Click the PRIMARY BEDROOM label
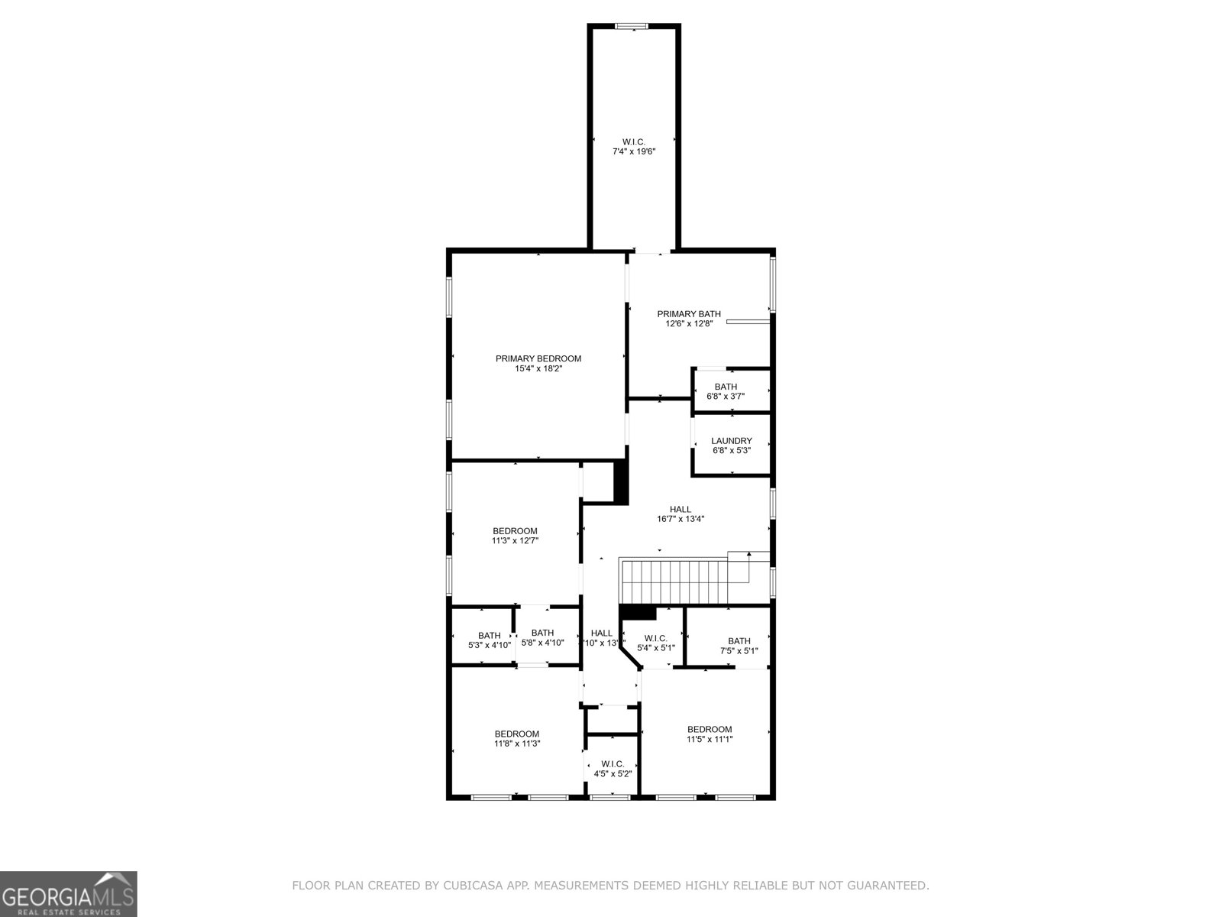pos(538,358)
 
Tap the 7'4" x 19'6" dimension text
pos(634,152)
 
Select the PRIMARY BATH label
pos(689,314)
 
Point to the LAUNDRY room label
pos(732,441)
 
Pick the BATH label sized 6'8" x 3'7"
pos(726,387)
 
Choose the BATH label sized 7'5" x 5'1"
pos(739,641)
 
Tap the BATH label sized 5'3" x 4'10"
pos(490,636)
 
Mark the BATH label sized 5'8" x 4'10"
pos(542,633)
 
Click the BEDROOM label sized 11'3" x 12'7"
pos(515,531)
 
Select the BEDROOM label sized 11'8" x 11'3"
pos(517,734)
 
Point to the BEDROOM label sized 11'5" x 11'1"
pos(710,729)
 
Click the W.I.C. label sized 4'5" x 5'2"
pos(613,763)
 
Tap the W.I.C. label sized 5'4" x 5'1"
pos(656,638)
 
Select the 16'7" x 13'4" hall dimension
pos(681,519)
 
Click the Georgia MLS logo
pos(68,893)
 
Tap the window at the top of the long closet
pos(632,27)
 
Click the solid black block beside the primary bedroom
pos(621,481)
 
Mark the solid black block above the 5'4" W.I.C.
pos(638,612)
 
